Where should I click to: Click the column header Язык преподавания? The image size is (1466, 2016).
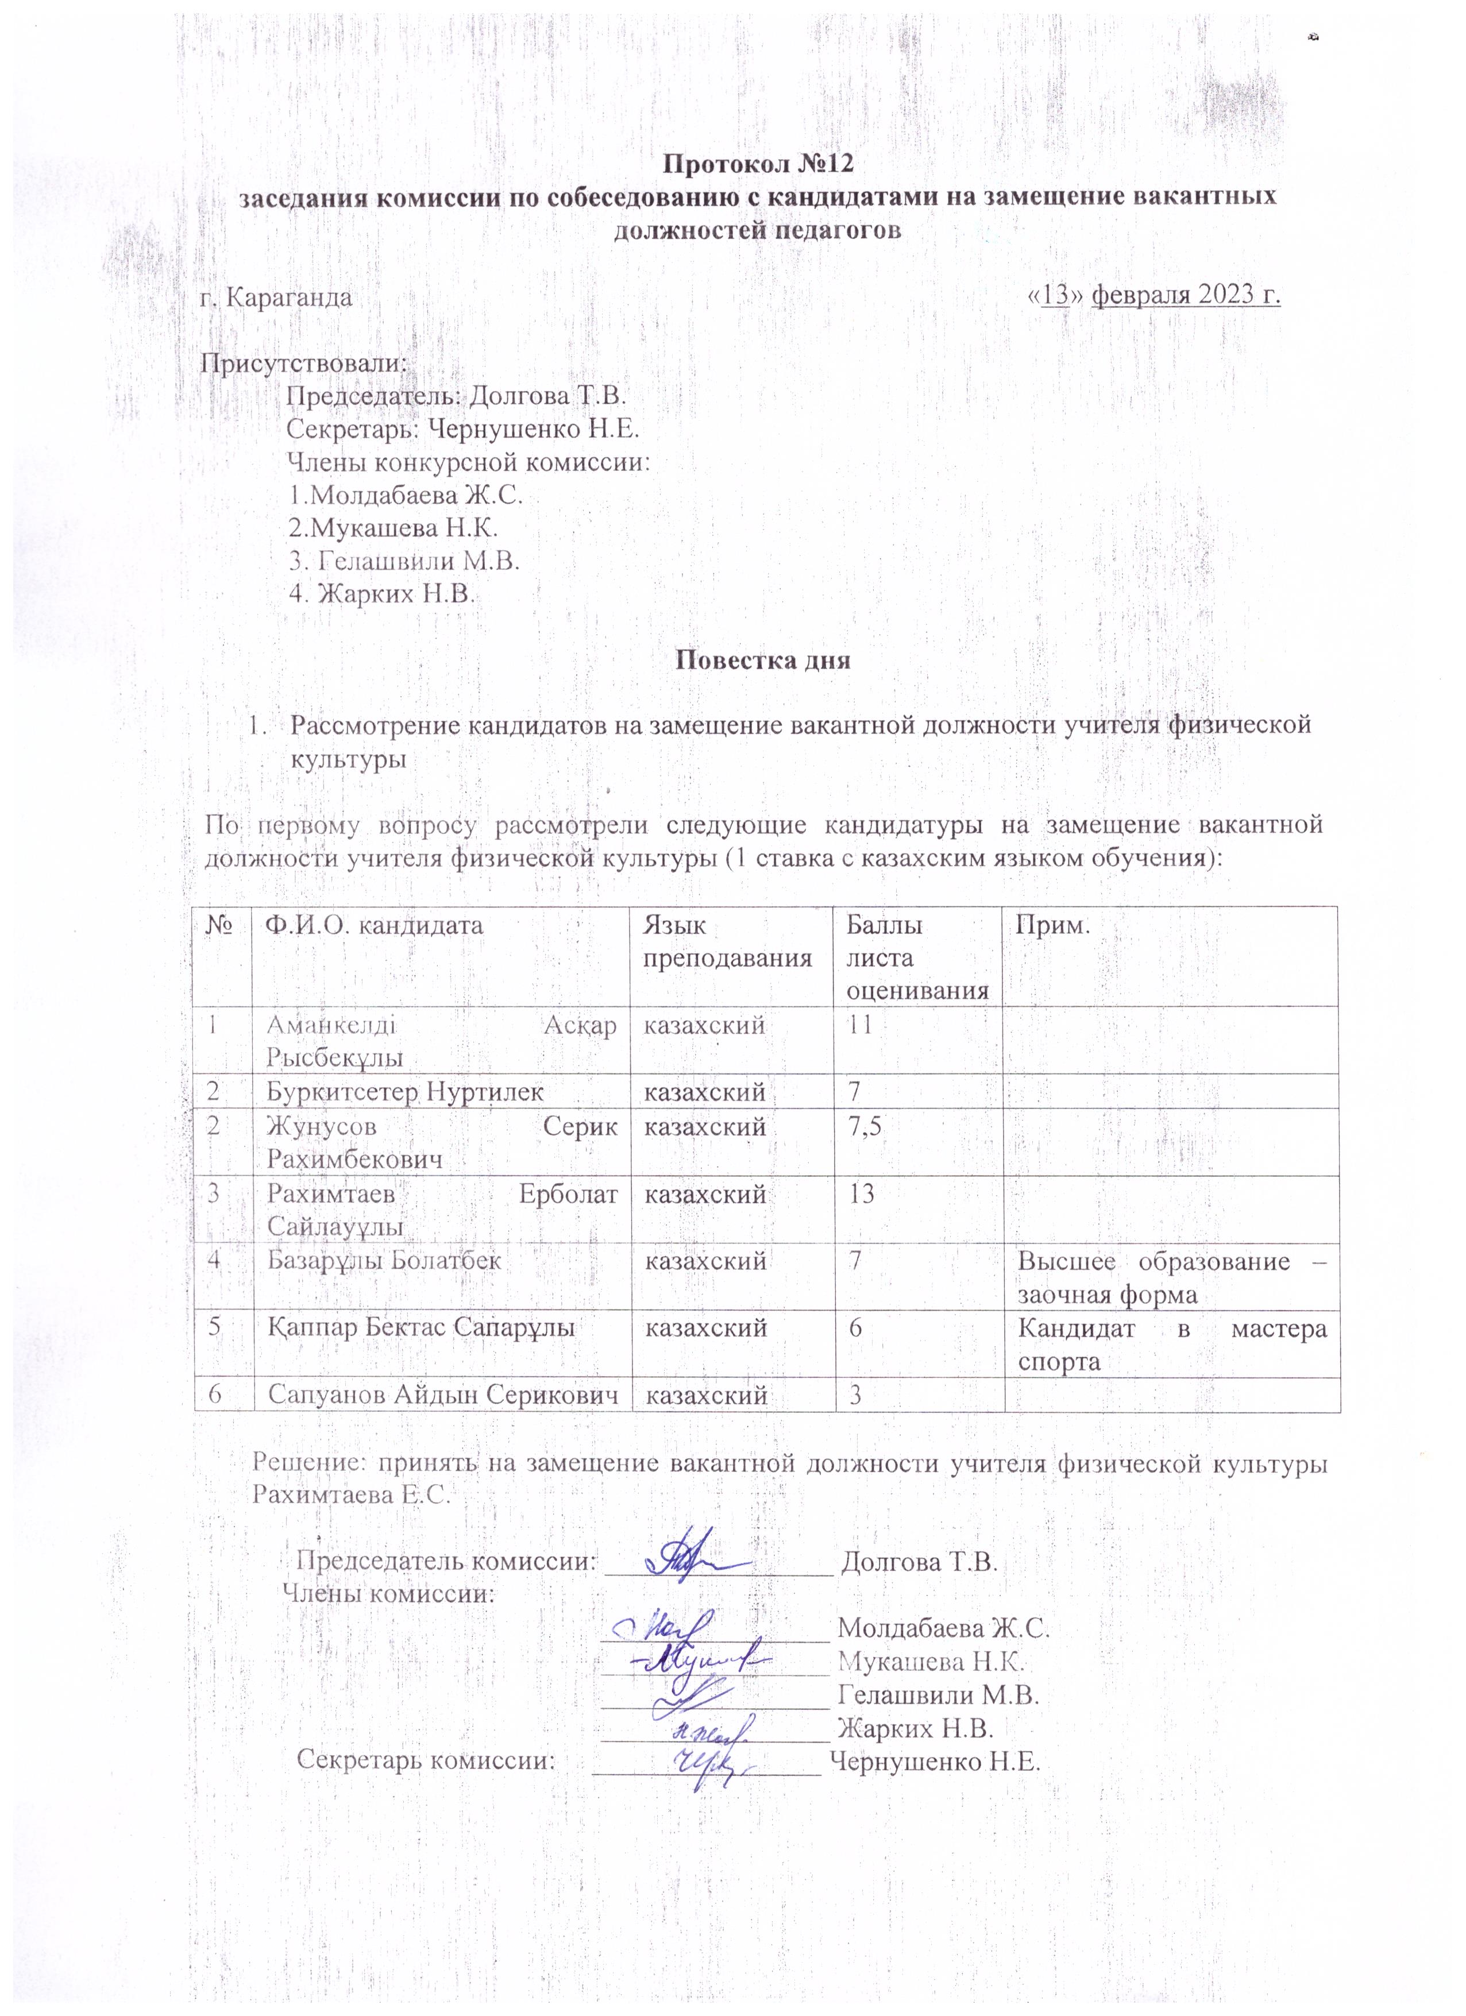(x=727, y=941)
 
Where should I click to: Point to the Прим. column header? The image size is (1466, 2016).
(x=1054, y=925)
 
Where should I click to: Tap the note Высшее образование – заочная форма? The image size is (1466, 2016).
(x=1172, y=1277)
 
